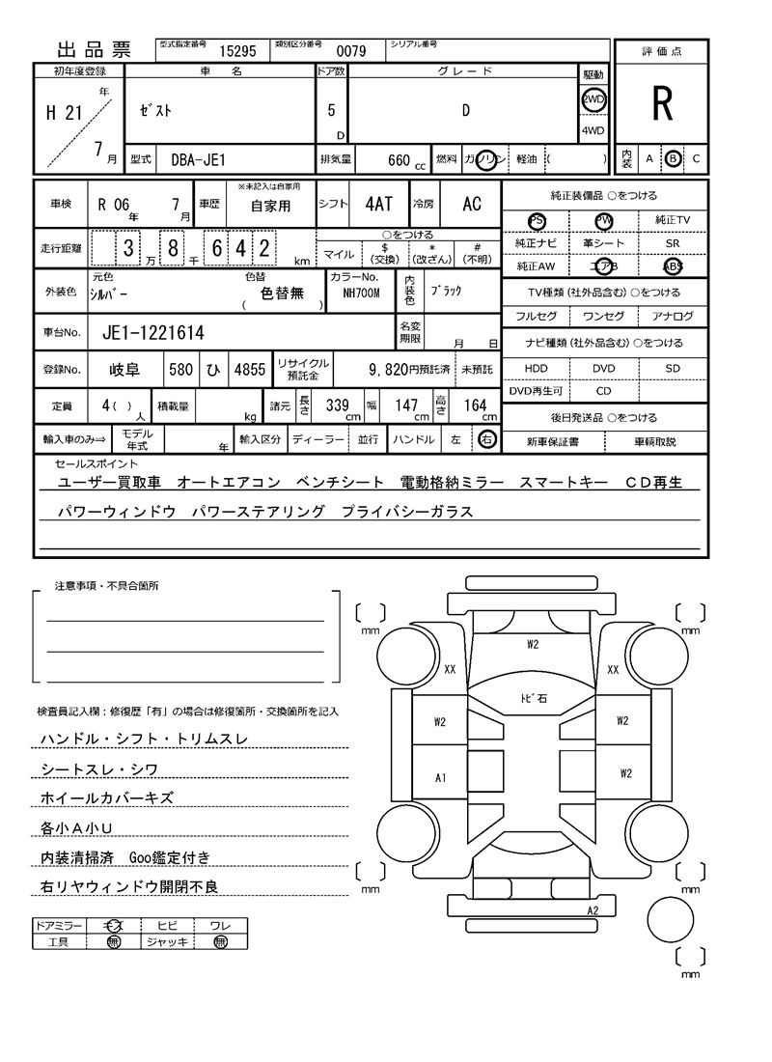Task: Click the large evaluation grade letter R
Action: pyautogui.click(x=662, y=104)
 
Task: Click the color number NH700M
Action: pyautogui.click(x=355, y=293)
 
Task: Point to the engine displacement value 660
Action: pyautogui.click(x=399, y=160)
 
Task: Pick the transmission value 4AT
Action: pyautogui.click(x=378, y=204)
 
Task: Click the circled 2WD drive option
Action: pyautogui.click(x=593, y=99)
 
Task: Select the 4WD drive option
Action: pyautogui.click(x=593, y=130)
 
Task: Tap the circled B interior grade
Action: pyautogui.click(x=673, y=158)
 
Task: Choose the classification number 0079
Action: pyautogui.click(x=350, y=52)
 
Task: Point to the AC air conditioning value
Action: pyautogui.click(x=472, y=204)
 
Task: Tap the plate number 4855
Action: pyautogui.click(x=249, y=370)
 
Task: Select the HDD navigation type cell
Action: pyautogui.click(x=536, y=369)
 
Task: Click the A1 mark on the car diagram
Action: pyautogui.click(x=440, y=777)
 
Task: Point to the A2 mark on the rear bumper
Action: pyautogui.click(x=593, y=910)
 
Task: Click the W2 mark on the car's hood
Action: pyautogui.click(x=532, y=644)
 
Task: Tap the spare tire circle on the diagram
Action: pyautogui.click(x=673, y=921)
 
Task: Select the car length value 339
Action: pyautogui.click(x=337, y=405)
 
